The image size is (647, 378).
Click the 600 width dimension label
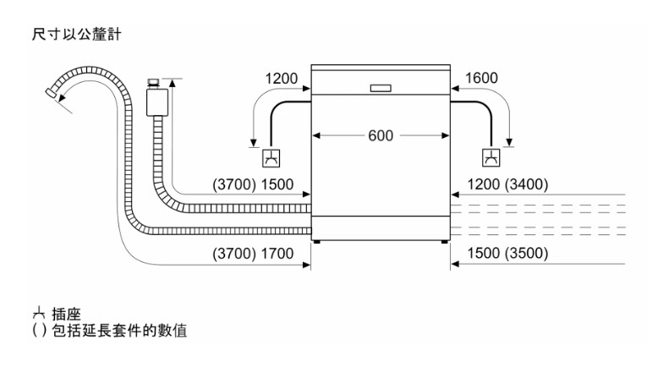tap(380, 135)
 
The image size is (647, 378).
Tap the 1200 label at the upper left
tap(281, 79)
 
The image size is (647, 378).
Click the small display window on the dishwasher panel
tap(380, 87)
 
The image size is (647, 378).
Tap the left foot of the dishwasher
tap(317, 242)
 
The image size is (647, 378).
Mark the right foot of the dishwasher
tap(443, 242)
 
